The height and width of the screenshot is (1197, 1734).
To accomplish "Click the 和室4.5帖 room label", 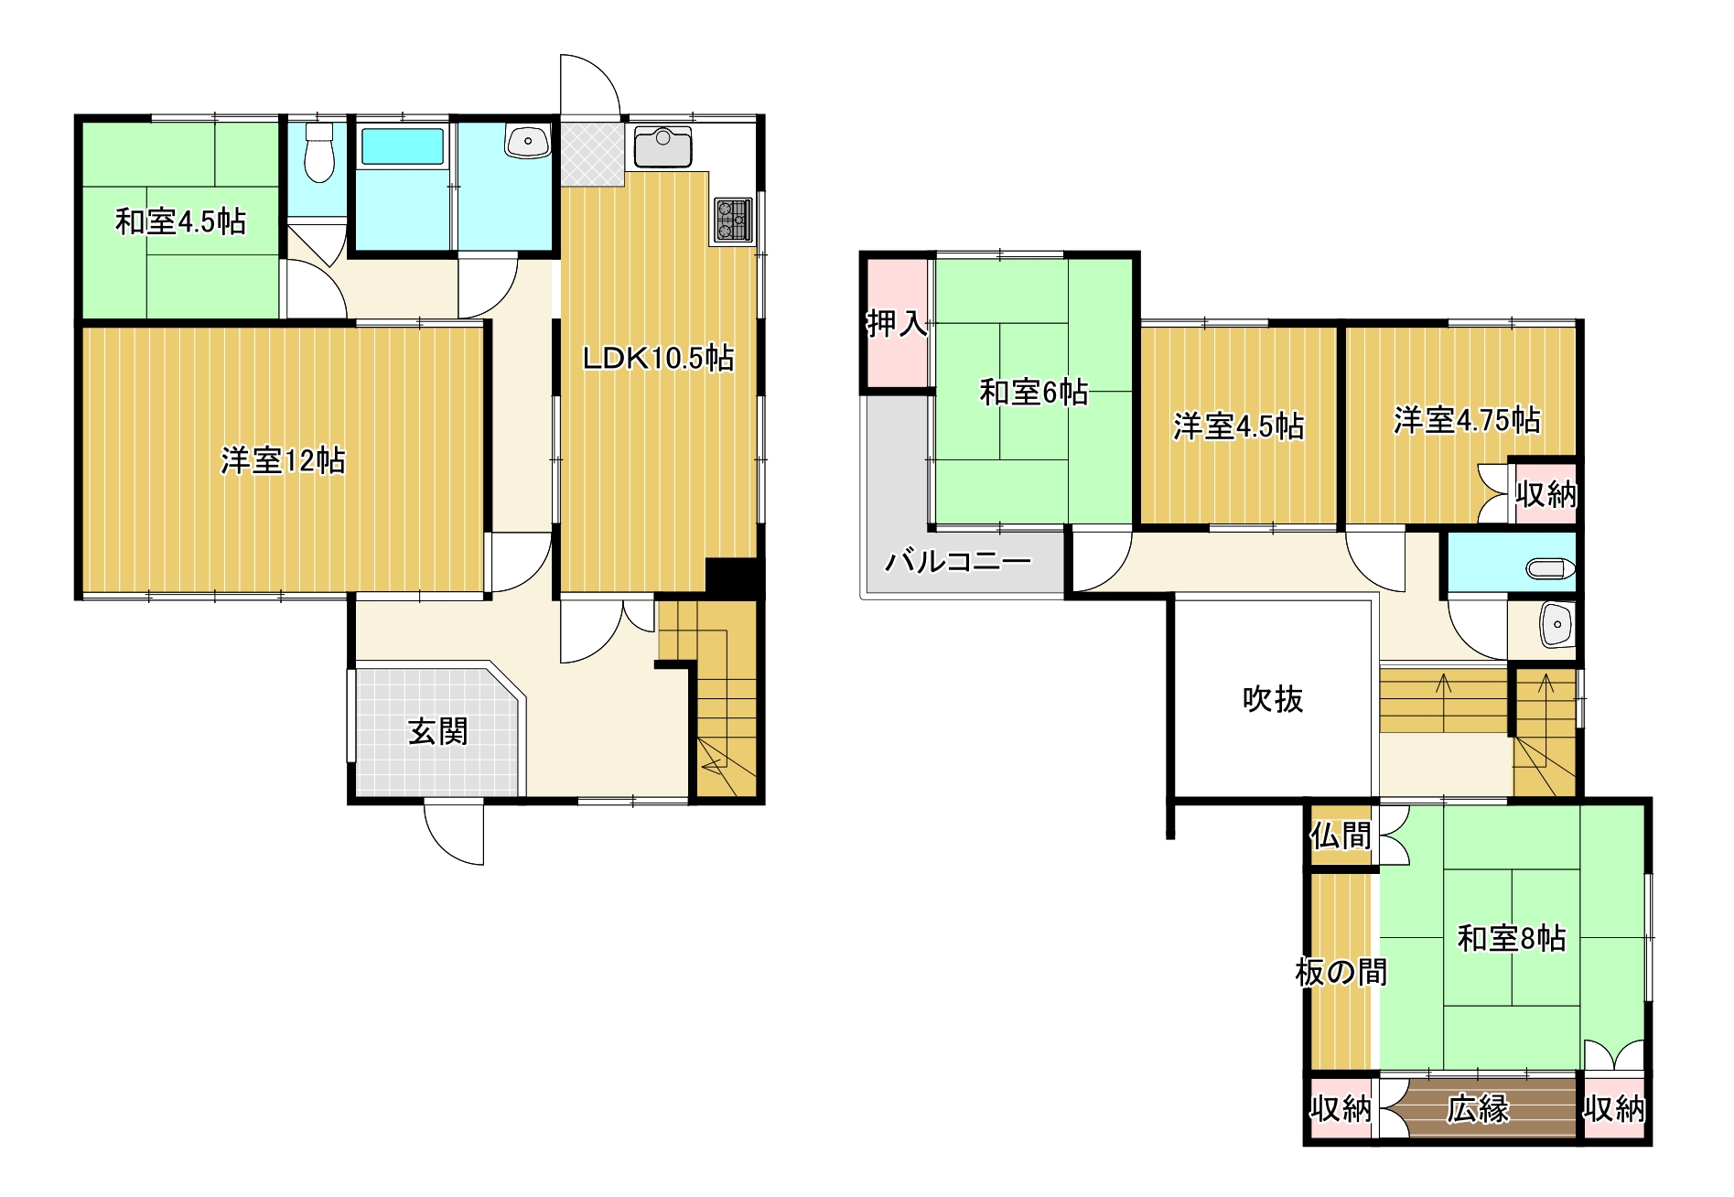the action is [180, 221].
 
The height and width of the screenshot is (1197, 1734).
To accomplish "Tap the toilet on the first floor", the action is [318, 153].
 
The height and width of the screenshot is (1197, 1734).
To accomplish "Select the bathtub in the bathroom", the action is [402, 146].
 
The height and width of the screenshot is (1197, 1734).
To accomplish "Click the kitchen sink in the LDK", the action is [662, 147].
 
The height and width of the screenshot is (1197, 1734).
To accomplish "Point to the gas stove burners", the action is [732, 220].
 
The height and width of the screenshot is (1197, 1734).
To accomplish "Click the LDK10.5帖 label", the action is [658, 358].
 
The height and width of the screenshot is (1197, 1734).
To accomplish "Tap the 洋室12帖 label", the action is [283, 460].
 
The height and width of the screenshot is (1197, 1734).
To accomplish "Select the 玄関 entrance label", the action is [438, 731].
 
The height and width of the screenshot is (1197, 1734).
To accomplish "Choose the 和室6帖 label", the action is [1034, 393].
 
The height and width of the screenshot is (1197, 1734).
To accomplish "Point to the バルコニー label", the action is [958, 560].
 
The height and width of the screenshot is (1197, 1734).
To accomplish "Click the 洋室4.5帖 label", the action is [1239, 426].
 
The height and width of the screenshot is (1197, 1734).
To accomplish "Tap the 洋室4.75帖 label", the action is [1468, 420].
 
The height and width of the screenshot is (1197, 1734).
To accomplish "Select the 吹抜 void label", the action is [1273, 699].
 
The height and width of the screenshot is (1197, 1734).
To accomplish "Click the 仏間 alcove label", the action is [1341, 836].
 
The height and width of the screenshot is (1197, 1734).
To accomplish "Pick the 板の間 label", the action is [1341, 972].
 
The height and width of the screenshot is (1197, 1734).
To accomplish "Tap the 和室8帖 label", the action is [1512, 938].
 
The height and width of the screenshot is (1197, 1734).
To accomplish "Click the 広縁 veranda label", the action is [1478, 1108].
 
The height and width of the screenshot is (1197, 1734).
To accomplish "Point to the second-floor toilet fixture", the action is [1550, 569].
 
